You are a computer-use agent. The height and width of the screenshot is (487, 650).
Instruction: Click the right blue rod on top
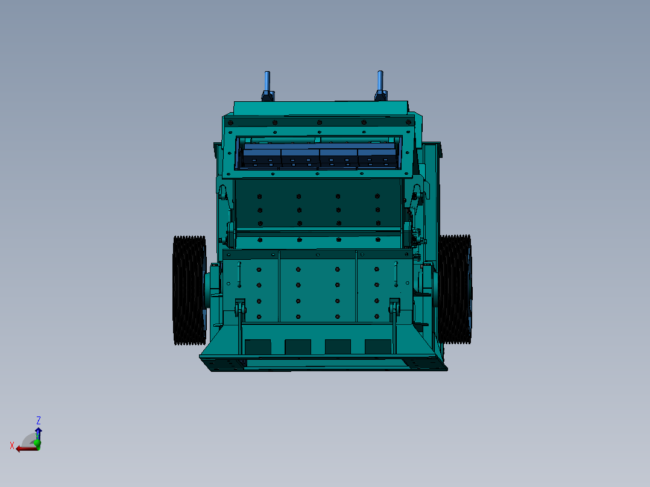tap(380, 81)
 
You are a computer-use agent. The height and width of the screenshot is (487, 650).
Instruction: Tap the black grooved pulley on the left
tap(189, 290)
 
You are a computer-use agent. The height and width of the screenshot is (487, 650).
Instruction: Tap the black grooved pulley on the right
tap(455, 289)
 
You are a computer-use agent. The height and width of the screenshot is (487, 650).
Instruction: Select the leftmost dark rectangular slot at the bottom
tap(258, 347)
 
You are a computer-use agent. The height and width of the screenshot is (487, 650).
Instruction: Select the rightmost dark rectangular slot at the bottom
tap(378, 347)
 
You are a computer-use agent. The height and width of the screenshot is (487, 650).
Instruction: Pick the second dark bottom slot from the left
tap(298, 347)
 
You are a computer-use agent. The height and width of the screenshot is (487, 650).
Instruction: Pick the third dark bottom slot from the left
tap(338, 347)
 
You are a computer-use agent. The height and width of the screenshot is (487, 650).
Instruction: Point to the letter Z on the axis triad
tap(39, 420)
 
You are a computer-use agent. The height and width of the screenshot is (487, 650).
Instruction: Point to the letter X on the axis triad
tap(12, 446)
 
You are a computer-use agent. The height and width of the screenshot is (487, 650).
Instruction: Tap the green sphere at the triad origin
tap(37, 444)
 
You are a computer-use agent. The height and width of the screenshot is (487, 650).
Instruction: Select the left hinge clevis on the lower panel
tap(240, 307)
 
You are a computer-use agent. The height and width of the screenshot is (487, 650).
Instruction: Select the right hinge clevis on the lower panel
tap(395, 307)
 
